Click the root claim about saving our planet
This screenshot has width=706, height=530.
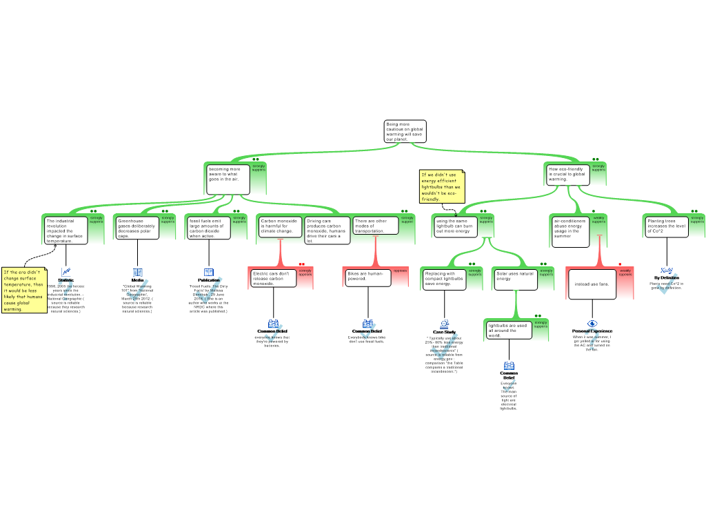(405, 131)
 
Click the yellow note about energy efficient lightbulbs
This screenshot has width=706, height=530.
(441, 186)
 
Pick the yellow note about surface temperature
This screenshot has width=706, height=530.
(24, 290)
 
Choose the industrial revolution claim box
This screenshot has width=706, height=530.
(65, 230)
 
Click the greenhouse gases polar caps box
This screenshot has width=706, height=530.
(137, 228)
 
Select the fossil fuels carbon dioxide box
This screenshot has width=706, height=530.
(209, 228)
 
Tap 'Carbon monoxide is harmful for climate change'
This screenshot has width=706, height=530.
(280, 226)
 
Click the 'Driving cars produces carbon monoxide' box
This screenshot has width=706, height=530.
(327, 230)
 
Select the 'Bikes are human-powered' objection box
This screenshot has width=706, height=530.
(367, 276)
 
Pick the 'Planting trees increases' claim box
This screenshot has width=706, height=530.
(667, 226)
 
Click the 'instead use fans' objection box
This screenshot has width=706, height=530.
(592, 284)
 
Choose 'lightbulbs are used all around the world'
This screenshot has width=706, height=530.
(509, 330)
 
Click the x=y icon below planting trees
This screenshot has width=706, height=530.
(666, 271)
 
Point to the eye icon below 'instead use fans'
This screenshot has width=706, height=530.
(592, 324)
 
